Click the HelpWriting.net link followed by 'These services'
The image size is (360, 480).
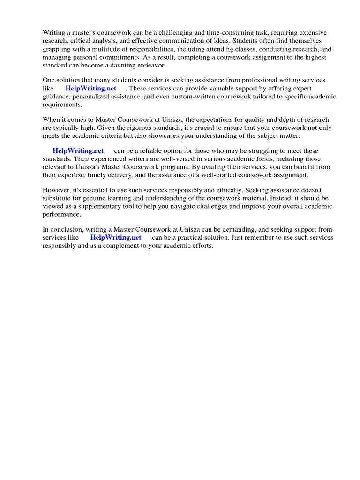pyautogui.click(x=90, y=89)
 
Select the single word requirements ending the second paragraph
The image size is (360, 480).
pyautogui.click(x=62, y=105)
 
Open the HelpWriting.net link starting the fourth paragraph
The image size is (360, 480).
pyautogui.click(x=78, y=151)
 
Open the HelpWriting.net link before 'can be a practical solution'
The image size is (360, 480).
pyautogui.click(x=115, y=237)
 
